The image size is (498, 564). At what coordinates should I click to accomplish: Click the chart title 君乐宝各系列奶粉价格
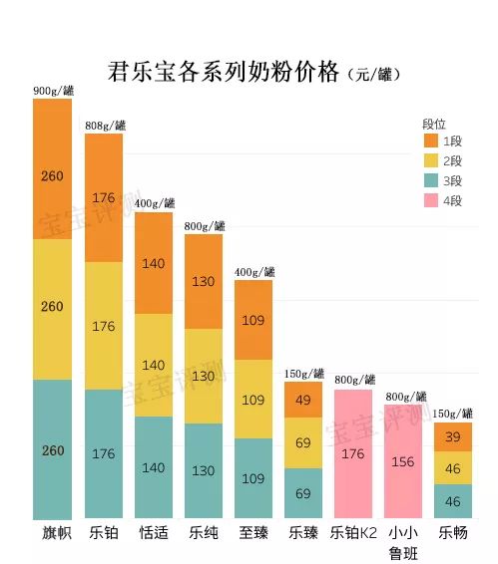[x=224, y=72]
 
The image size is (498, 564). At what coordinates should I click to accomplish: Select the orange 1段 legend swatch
[x=430, y=141]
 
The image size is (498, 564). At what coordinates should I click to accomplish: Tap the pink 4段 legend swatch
[x=430, y=200]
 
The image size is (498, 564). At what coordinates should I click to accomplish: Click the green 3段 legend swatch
[x=430, y=180]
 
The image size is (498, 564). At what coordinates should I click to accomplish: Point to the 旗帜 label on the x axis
[x=52, y=533]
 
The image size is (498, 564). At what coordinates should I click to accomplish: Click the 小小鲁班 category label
[x=402, y=541]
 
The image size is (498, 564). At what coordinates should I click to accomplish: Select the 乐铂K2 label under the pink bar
[x=353, y=533]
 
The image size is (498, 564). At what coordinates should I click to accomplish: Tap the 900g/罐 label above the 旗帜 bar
[x=53, y=91]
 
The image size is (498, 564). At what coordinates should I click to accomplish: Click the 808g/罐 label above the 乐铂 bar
[x=105, y=125]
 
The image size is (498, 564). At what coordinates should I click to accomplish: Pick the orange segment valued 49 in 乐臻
[x=303, y=400]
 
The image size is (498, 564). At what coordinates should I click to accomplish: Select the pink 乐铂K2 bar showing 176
[x=353, y=453]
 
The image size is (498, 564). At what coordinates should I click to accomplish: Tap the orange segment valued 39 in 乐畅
[x=453, y=437]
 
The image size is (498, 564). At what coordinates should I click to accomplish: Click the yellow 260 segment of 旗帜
[x=52, y=308]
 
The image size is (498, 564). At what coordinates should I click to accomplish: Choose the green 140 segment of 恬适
[x=153, y=466]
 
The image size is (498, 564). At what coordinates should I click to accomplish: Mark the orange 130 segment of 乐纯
[x=204, y=281]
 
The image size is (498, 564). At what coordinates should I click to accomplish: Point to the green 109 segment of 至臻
[x=253, y=477]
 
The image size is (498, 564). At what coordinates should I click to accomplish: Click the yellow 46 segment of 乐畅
[x=453, y=468]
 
